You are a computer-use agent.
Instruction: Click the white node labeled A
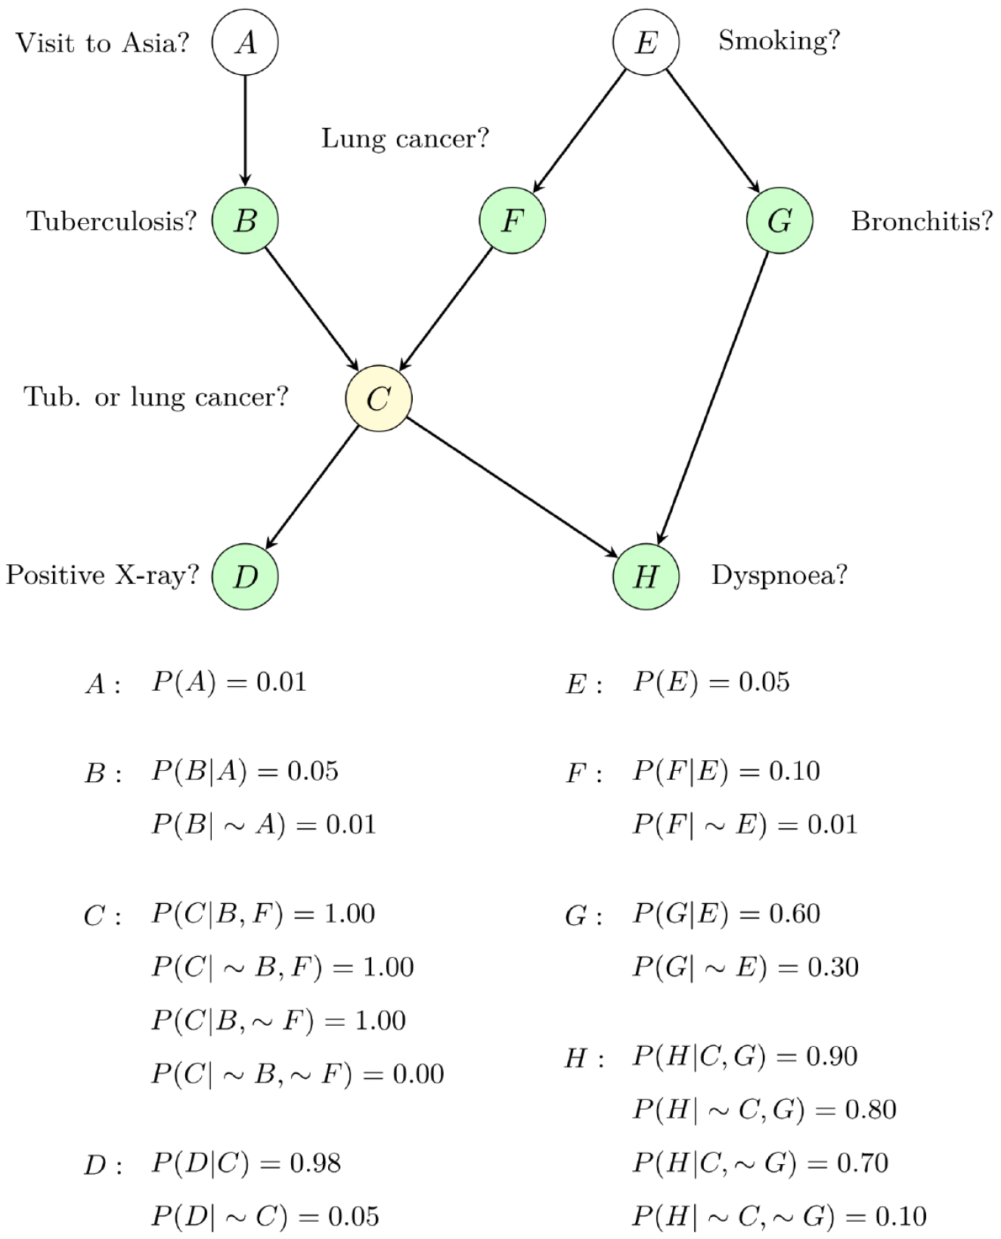pos(245,42)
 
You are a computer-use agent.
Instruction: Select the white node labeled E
pos(646,42)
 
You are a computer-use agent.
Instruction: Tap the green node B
pos(245,220)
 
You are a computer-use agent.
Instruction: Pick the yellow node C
pos(379,398)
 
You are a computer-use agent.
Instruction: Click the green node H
pos(646,576)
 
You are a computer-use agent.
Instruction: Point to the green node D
pos(245,576)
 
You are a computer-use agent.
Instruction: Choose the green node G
pos(779,220)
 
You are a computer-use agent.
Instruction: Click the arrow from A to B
pos(245,131)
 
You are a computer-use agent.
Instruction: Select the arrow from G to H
pos(713,399)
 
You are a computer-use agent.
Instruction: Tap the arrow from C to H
pos(513,488)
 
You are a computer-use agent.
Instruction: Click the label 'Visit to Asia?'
pos(102,43)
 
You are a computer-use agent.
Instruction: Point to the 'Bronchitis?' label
pos(922,221)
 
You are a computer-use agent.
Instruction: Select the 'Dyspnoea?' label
pos(779,576)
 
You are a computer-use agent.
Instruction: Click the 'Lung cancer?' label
pos(405,138)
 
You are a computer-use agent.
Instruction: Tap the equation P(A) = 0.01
pos(229,682)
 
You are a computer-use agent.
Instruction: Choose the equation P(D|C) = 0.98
pos(246,1163)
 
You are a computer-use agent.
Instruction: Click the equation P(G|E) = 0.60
pos(727,914)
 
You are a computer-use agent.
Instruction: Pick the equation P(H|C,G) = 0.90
pos(745,1057)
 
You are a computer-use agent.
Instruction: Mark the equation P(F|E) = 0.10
pos(727,772)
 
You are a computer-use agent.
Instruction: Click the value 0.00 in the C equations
pos(418,1074)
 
